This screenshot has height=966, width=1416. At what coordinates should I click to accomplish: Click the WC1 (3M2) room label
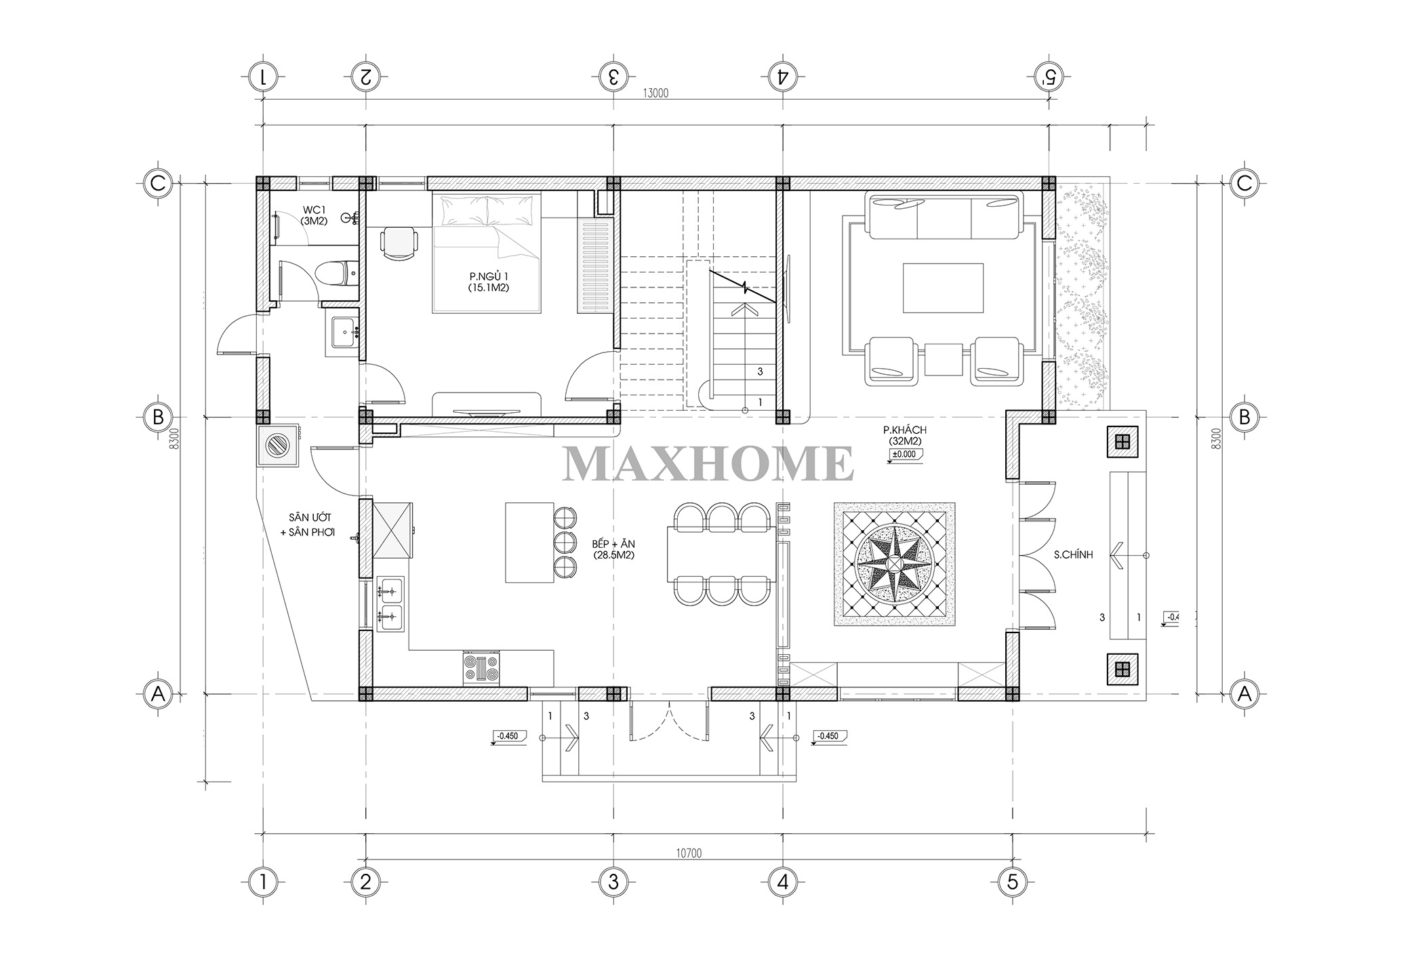[315, 214]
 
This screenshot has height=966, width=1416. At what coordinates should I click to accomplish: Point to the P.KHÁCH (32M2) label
[904, 435]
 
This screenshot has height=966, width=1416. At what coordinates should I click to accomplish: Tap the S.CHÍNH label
[1073, 555]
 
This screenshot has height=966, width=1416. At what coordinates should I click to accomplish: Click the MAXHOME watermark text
[708, 464]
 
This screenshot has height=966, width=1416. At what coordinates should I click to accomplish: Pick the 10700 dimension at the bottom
[689, 853]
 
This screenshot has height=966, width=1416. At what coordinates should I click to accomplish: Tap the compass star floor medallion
[894, 564]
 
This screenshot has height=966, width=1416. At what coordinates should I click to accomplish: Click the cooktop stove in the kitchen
[481, 667]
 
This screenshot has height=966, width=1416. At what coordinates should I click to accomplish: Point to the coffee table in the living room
[943, 287]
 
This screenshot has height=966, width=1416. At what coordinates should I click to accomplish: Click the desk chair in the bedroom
[398, 243]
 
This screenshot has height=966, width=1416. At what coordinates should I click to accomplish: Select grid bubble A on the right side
[1245, 693]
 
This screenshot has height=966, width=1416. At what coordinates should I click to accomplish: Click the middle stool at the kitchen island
[565, 542]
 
